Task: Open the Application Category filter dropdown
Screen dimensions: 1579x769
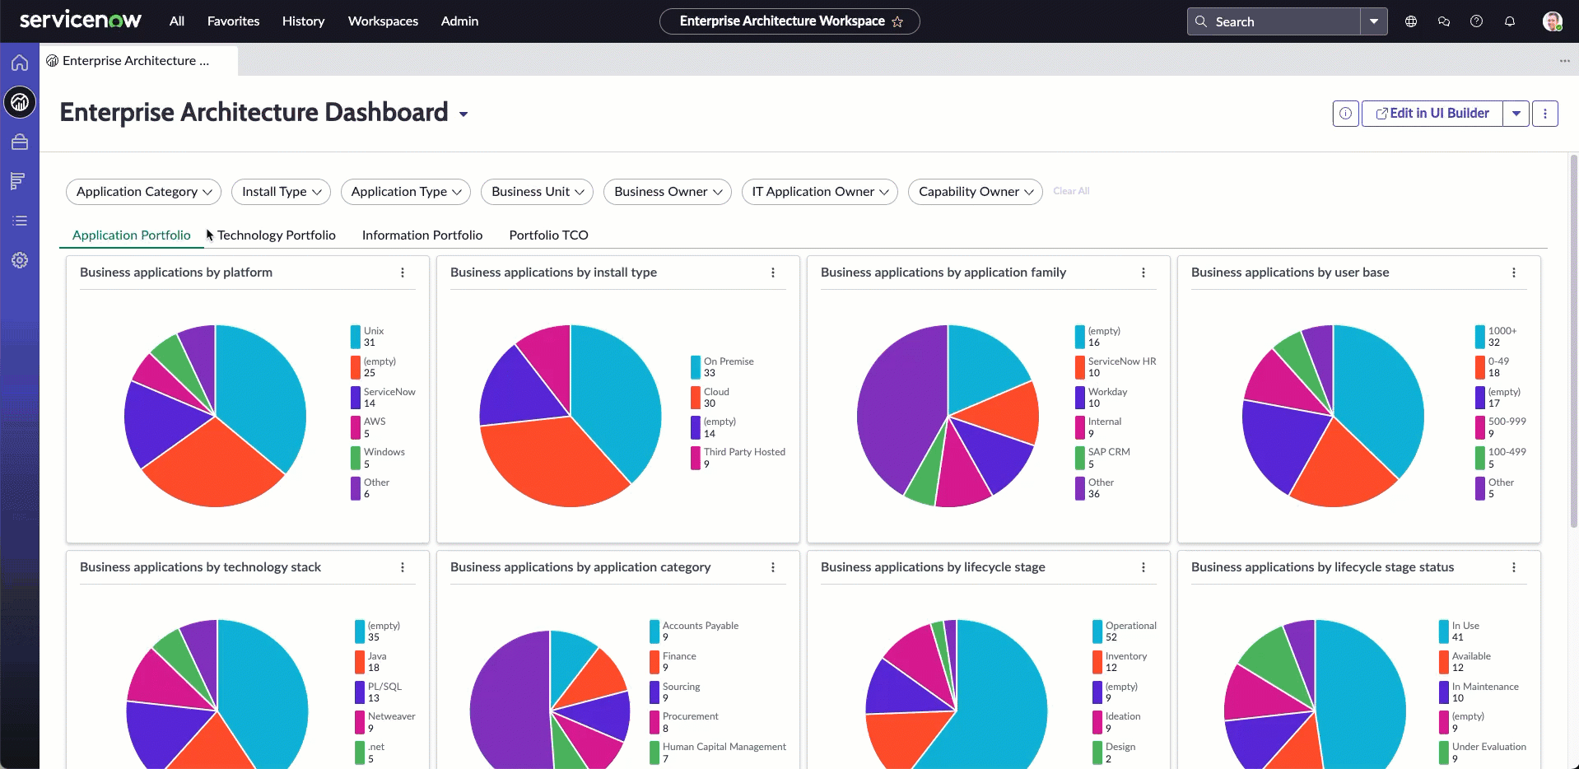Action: pos(143,192)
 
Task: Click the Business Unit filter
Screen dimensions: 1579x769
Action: pos(537,192)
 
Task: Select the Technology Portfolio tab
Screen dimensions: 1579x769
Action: pos(277,235)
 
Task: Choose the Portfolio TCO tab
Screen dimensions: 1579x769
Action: pos(548,235)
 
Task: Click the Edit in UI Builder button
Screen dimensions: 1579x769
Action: pos(1432,114)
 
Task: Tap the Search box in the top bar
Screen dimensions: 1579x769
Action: pos(1274,21)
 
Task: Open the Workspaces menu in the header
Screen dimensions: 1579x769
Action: pos(383,21)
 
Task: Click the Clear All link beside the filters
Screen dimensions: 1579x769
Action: pos(1071,191)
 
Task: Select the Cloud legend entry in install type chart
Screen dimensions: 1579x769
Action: pos(710,397)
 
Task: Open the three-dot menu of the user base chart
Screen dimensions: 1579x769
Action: pos(1514,273)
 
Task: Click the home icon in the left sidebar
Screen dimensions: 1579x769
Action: pos(20,63)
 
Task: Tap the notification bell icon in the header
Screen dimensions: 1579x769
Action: pos(1510,21)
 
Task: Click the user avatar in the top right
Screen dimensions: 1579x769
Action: pos(1553,21)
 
